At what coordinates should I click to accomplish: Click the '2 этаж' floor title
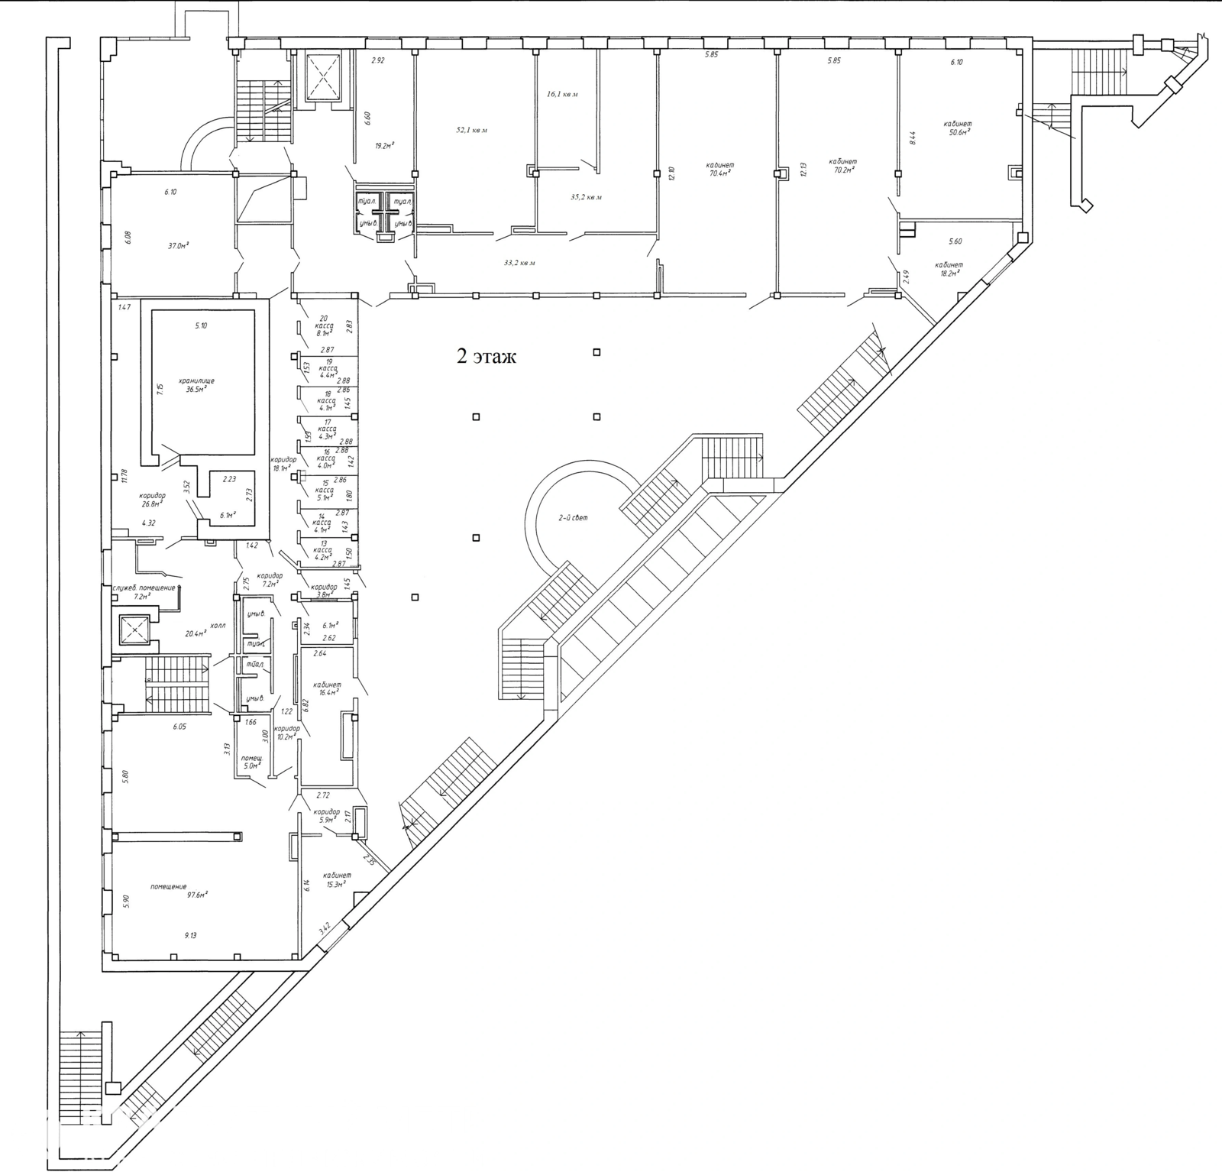(487, 357)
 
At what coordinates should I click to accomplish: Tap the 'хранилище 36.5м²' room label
(196, 384)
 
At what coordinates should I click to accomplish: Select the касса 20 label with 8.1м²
(323, 326)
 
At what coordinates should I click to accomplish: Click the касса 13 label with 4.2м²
(323, 550)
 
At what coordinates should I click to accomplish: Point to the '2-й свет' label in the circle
(573, 517)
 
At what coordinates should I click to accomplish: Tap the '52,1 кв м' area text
(471, 130)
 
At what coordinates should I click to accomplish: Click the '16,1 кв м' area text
(562, 95)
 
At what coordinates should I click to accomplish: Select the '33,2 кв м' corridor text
(519, 263)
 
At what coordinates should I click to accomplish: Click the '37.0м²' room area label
(178, 246)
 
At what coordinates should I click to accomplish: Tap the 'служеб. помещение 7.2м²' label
(144, 591)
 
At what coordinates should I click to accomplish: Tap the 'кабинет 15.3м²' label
(336, 879)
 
